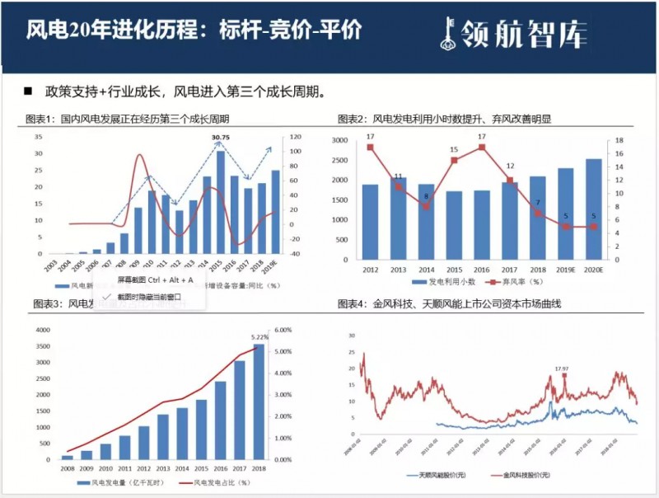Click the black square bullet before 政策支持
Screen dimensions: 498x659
pos(27,90)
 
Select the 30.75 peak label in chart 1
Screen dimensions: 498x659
pos(220,137)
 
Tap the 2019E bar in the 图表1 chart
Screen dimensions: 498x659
pos(275,212)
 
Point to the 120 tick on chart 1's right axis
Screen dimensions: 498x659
pos(294,137)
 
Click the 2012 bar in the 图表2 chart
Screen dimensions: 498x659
pos(371,221)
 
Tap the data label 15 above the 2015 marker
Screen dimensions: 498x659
pos(454,149)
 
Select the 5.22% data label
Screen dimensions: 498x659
pos(260,336)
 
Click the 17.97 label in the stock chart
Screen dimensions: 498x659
pos(563,368)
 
